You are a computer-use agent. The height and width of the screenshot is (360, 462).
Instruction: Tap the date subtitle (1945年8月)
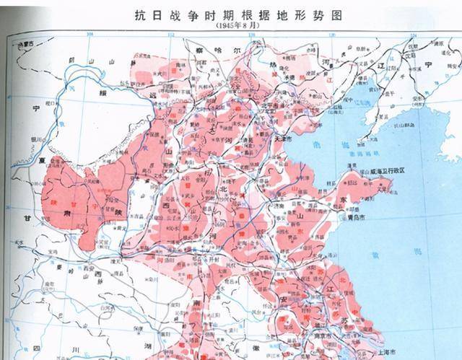pos(229,26)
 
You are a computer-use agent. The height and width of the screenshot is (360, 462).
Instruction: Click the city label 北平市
pos(239,109)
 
